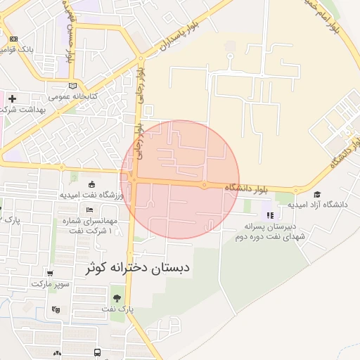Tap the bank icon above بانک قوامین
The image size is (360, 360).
[x=14, y=39]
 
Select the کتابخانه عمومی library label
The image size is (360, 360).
[x=73, y=96]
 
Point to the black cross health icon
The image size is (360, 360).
[x=12, y=99]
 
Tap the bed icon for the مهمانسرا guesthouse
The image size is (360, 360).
[x=89, y=210]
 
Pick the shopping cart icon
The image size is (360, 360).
[x=50, y=274]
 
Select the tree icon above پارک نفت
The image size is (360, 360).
[x=116, y=298]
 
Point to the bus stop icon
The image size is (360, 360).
[x=97, y=352]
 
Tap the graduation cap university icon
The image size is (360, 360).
[x=317, y=194]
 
